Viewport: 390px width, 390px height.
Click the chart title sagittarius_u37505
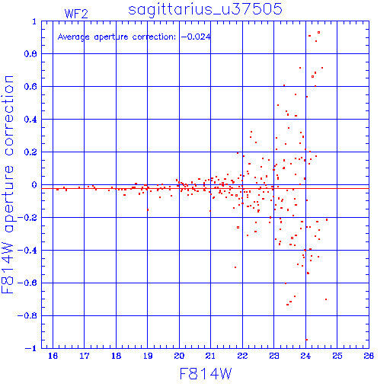coord(205,9)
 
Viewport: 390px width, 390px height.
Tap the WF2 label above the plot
coord(76,14)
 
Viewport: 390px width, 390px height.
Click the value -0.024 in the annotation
coord(196,37)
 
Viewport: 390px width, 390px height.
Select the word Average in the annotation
coord(74,37)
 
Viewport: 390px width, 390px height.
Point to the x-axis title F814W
coord(206,374)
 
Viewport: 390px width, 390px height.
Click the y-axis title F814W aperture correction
coord(8,184)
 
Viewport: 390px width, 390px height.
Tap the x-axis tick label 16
coord(53,356)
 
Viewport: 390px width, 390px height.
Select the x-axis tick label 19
coord(148,356)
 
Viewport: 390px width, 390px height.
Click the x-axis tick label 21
coord(210,356)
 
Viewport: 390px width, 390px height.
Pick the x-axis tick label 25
coord(337,356)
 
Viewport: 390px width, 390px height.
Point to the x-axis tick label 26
coord(369,356)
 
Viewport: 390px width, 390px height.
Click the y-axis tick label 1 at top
coord(34,21)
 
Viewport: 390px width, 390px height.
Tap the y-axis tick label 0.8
coord(30,54)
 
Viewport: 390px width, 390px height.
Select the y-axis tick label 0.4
coord(30,120)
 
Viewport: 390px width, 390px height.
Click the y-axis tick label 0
coord(34,185)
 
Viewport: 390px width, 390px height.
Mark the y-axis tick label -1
coord(30,348)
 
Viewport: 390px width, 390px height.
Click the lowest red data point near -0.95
coord(307,340)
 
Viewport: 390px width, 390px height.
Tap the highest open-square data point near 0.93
coord(319,33)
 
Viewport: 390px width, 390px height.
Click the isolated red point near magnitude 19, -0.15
coord(148,210)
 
